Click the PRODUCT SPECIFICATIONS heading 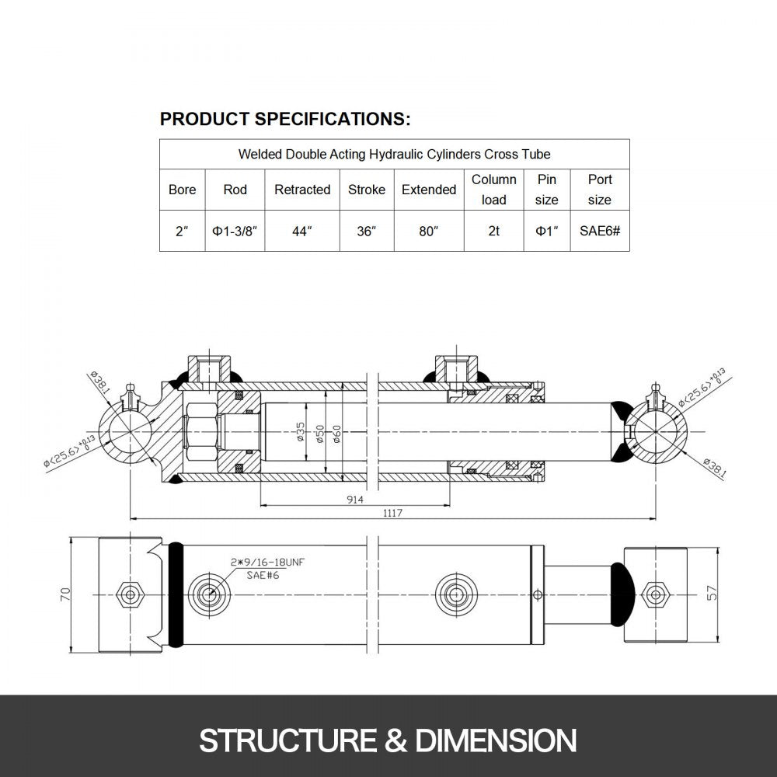284,119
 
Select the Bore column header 182,190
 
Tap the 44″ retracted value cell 302,232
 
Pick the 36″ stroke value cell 366,232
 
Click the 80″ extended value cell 428,232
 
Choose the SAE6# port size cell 599,232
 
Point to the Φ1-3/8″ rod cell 235,232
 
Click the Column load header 493,190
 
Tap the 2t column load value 493,232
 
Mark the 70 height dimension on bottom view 65,594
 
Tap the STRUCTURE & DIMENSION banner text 388,739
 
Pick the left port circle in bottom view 208,594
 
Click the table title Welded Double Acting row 394,154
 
